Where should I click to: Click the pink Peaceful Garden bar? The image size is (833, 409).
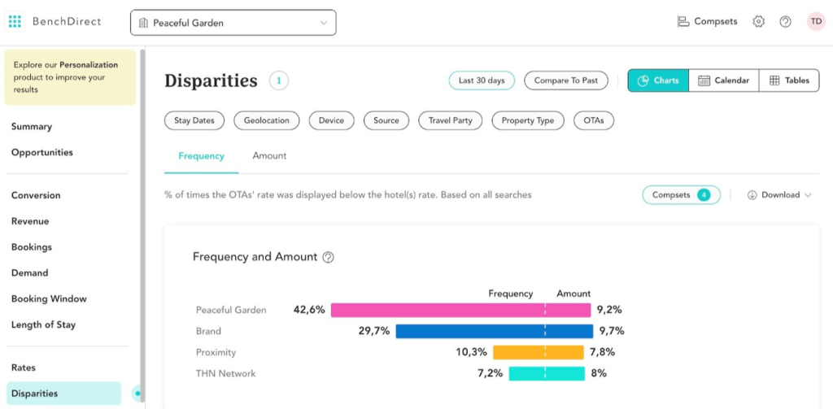click(460, 310)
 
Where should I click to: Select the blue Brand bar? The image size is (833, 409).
click(494, 331)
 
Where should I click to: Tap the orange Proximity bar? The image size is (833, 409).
click(539, 352)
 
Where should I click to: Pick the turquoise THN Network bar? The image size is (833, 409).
click(547, 373)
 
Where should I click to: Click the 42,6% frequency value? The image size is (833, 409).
click(309, 310)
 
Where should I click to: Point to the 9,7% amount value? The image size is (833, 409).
click(613, 331)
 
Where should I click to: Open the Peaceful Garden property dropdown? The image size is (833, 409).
click(233, 23)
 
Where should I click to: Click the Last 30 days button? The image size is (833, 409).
click(482, 80)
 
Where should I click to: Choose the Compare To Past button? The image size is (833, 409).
click(566, 80)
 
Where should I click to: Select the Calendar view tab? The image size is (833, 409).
click(723, 80)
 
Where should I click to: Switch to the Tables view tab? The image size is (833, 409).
click(789, 80)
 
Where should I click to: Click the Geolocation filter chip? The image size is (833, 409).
click(267, 120)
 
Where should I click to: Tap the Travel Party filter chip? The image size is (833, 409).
click(451, 120)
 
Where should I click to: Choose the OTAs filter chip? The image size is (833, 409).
click(593, 120)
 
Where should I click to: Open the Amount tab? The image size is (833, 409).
click(269, 155)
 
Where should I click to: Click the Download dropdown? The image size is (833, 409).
click(779, 195)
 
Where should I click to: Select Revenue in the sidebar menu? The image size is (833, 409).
click(30, 221)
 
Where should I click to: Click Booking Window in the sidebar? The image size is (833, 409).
click(49, 298)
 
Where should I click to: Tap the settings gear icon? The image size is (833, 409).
click(758, 22)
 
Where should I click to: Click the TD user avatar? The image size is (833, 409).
click(815, 22)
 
